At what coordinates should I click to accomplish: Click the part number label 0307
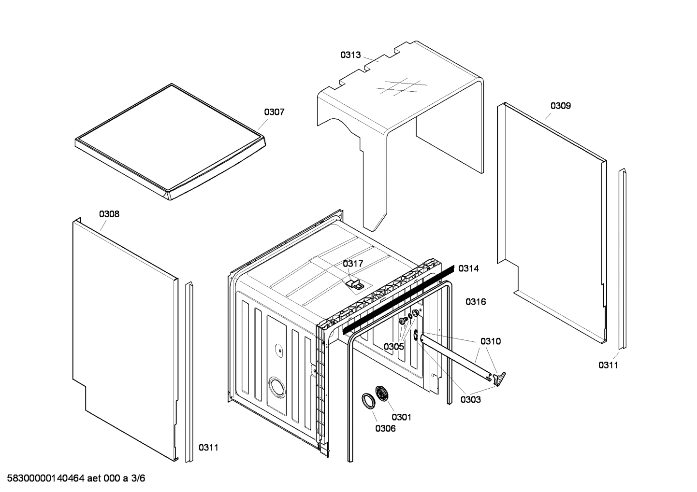274,112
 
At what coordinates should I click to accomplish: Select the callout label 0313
350,55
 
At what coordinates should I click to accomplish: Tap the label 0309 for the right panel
560,106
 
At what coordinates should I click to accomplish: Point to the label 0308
109,214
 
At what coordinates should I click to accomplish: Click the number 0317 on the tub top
353,264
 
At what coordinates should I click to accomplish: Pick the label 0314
468,268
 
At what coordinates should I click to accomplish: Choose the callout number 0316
476,302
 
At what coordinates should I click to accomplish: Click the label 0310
491,341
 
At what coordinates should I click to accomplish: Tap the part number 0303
470,399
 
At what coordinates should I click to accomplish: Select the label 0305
394,347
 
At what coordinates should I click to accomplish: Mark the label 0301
401,417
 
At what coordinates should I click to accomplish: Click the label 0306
385,428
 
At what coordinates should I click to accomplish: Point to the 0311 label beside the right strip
608,365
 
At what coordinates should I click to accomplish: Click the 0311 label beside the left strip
208,448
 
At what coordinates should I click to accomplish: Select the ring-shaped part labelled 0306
368,401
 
